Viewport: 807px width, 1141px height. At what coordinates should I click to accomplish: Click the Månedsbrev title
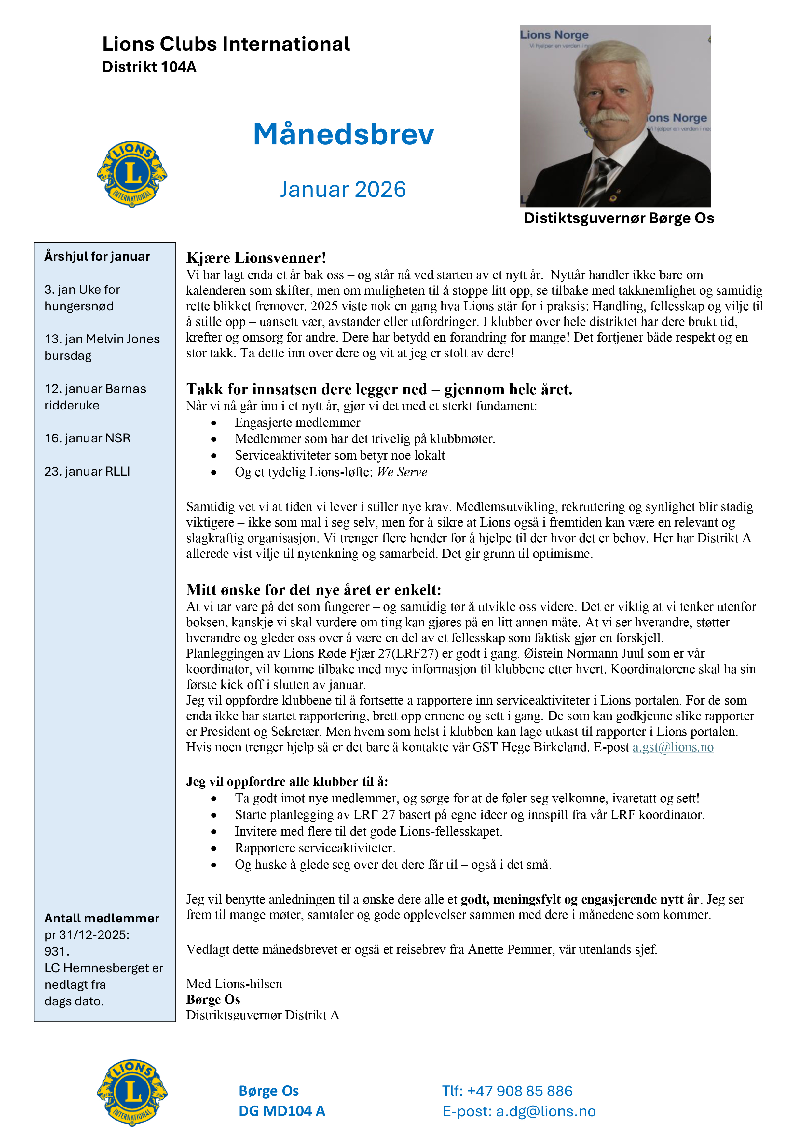343,134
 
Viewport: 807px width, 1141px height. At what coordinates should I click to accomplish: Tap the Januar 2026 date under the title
343,189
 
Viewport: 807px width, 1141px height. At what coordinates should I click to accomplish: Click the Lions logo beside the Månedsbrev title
132,174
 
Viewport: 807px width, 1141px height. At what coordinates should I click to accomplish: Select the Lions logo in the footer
132,1092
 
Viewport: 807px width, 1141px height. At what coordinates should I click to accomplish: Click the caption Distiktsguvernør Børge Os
619,218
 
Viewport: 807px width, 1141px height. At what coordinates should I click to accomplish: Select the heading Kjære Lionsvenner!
256,258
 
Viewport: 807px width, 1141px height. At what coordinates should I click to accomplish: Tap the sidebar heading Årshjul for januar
97,256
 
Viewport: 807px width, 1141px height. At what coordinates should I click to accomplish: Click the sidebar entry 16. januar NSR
88,438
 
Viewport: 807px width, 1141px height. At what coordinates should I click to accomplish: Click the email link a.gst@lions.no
673,747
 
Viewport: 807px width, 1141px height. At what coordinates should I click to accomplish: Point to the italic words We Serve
402,472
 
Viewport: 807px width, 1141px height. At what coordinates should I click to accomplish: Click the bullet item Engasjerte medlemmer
297,423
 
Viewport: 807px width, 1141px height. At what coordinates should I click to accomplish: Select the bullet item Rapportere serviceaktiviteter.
315,848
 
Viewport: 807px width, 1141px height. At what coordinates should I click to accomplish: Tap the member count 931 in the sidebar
55,951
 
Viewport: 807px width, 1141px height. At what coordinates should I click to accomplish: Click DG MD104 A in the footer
282,1111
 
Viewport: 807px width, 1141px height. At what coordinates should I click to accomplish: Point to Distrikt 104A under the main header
149,67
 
